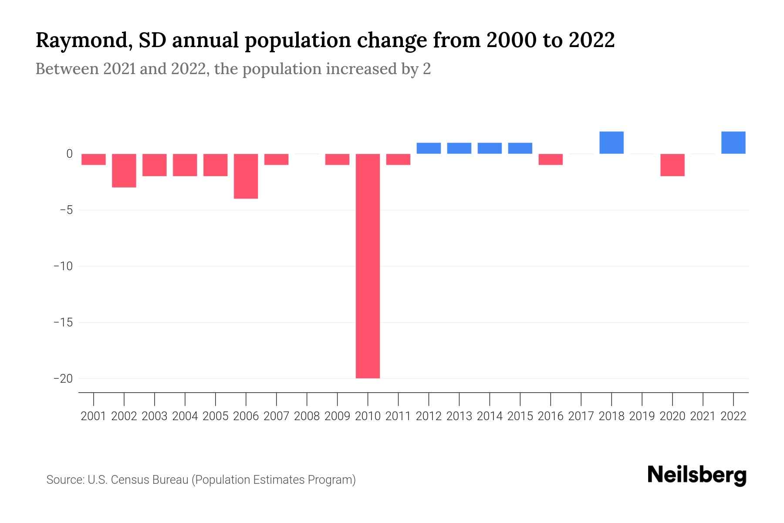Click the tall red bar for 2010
point(368,266)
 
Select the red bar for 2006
point(246,176)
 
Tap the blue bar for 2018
point(612,143)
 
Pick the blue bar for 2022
point(733,143)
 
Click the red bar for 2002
point(124,170)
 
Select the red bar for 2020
point(672,165)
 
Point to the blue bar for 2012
point(429,148)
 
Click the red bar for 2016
point(551,160)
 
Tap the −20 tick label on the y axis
point(63,378)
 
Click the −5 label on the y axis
point(66,210)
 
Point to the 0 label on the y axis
point(69,154)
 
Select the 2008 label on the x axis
point(307,416)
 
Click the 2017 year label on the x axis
point(581,416)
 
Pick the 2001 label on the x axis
point(94,416)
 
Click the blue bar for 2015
point(520,148)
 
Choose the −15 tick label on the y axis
point(63,323)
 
